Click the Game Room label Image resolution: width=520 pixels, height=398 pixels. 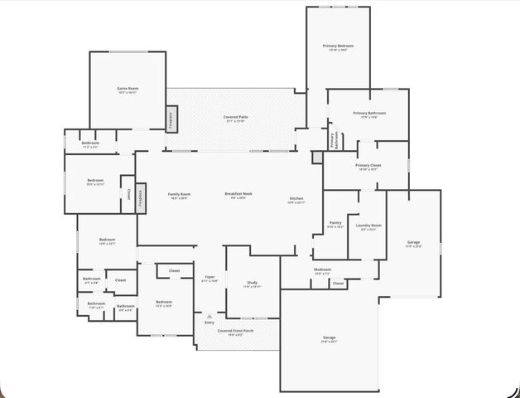tap(127, 88)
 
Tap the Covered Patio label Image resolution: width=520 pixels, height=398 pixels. tap(235, 118)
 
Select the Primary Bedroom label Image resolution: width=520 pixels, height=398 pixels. tap(338, 46)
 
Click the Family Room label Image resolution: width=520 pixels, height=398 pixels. tap(179, 195)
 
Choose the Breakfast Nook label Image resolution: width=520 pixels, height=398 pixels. tap(241, 194)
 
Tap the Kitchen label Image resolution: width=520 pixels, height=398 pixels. tap(296, 199)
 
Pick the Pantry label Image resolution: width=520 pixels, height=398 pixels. tap(335, 223)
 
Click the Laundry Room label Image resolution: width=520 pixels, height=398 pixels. tap(368, 226)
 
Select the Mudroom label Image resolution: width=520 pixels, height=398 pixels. tap(322, 269)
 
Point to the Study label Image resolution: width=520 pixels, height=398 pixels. tap(252, 283)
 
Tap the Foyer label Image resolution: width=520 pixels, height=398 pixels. tap(209, 277)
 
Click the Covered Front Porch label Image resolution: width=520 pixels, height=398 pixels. tap(235, 331)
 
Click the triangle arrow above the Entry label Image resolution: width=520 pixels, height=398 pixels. tap(209, 316)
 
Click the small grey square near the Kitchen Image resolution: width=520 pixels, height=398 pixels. tap(317, 156)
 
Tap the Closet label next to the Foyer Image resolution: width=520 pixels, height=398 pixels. tap(175, 271)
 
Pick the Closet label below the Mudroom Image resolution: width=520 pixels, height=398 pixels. tap(338, 284)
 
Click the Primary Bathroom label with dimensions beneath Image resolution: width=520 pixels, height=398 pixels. tap(369, 114)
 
